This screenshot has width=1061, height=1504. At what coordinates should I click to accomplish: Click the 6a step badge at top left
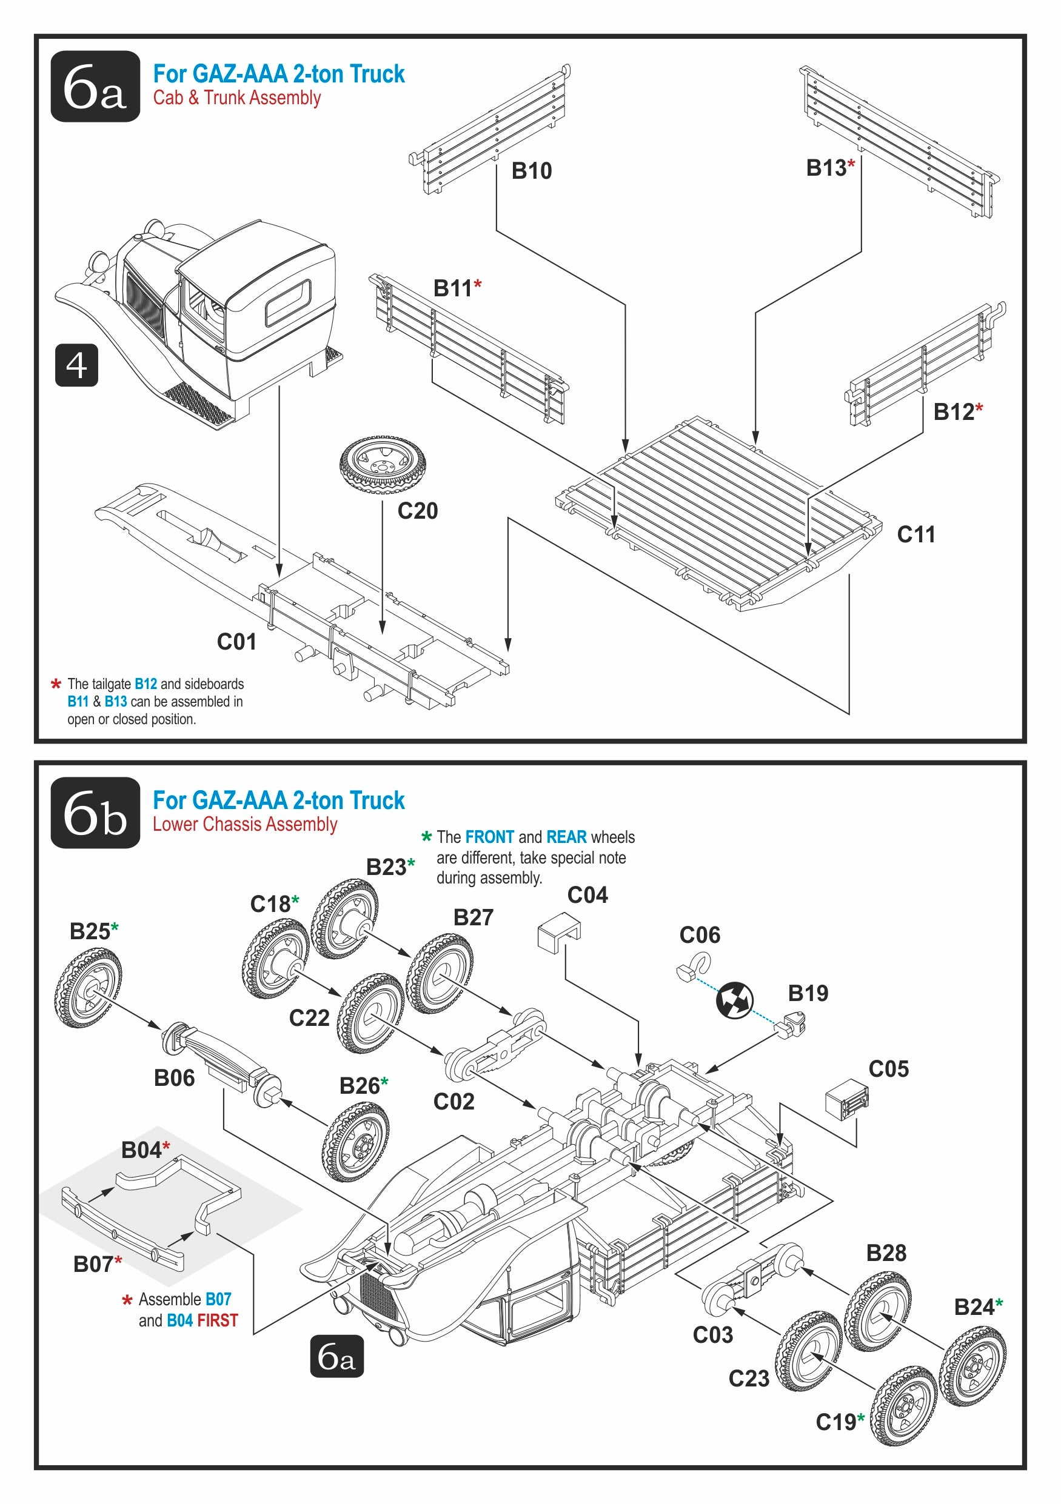[x=95, y=86]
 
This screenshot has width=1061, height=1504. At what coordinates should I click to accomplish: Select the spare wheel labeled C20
[x=382, y=465]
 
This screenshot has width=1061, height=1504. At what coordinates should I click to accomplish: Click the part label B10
[x=532, y=171]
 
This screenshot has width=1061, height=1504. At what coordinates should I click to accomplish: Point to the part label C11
[x=915, y=534]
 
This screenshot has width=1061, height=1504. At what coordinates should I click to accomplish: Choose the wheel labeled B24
[x=972, y=1365]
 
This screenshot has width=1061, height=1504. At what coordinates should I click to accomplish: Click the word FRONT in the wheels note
[x=489, y=837]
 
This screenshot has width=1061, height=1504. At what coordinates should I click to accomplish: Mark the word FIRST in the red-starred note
[x=218, y=1320]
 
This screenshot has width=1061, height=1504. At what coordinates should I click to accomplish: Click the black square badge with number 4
[x=76, y=365]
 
